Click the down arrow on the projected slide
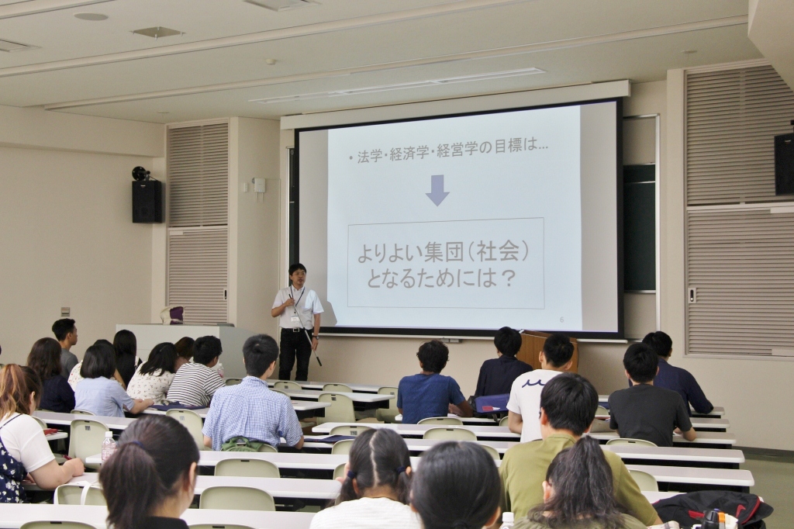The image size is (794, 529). coord(437,190)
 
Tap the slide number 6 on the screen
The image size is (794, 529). coord(561,320)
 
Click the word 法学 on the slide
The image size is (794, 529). coord(370,156)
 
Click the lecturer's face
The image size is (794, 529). coord(298,276)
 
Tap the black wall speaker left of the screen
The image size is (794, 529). coord(147,201)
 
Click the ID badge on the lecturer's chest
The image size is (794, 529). coord(294,320)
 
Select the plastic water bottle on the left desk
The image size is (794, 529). coord(109,446)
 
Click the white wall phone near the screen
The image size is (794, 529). coord(260,185)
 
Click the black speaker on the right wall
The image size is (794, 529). coord(784,164)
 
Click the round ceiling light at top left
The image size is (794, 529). coord(91,17)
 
